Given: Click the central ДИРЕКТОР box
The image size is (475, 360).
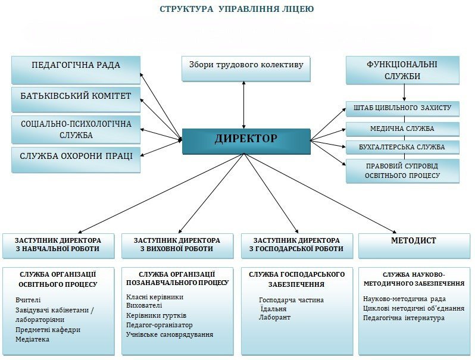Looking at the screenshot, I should tap(246, 140).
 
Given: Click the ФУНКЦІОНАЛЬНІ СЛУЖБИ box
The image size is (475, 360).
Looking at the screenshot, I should tap(402, 70).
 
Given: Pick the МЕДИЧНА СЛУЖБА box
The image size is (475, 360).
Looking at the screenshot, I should tap(402, 129).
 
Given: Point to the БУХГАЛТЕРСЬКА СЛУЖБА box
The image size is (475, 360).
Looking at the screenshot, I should tap(402, 146).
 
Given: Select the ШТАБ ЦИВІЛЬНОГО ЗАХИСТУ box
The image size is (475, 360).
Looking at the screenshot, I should tap(402, 108).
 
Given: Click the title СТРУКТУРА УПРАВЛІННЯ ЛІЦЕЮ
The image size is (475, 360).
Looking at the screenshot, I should tap(237, 10).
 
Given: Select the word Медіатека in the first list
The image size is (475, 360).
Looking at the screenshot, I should tap(33, 339).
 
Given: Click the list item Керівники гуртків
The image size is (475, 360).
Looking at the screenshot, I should tap(157, 315).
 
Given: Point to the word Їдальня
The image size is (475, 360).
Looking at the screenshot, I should tap(274, 309).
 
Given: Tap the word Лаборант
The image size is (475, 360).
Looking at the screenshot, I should tap(274, 318).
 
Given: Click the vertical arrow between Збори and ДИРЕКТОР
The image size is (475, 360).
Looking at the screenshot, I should tap(243, 105).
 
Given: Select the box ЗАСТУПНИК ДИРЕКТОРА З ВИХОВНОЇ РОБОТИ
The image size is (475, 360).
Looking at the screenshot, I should tap(177, 245).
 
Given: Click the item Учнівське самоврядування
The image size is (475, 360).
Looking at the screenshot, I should tap(170, 334).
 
